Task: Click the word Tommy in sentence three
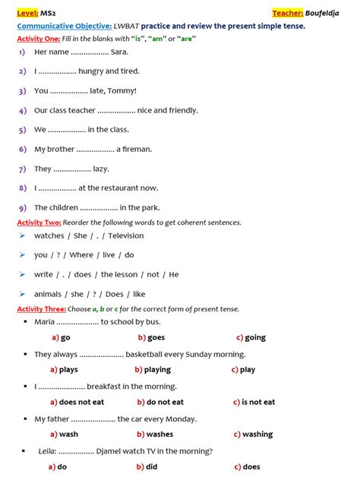(122, 91)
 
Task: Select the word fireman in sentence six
(134, 150)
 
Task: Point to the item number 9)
(22, 208)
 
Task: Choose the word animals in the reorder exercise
(48, 295)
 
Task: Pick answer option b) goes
(151, 337)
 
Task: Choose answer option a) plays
(64, 370)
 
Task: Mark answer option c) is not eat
(254, 403)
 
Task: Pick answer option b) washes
(154, 434)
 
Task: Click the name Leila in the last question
(46, 451)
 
